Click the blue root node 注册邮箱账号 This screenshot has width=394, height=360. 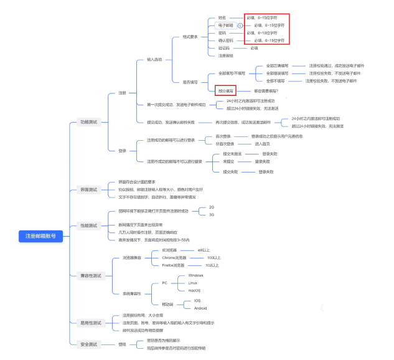click(40, 236)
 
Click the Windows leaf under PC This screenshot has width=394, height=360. click(195, 275)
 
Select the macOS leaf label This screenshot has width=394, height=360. click(195, 290)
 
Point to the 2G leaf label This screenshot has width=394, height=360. click(211, 207)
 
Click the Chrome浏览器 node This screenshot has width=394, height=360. click(174, 257)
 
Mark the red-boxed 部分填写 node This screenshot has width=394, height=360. click(225, 91)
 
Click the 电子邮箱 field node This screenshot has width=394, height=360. click(225, 26)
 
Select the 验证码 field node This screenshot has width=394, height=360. click(224, 48)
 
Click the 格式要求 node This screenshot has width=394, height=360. click(190, 37)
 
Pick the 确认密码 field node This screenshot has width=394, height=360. click(225, 40)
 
